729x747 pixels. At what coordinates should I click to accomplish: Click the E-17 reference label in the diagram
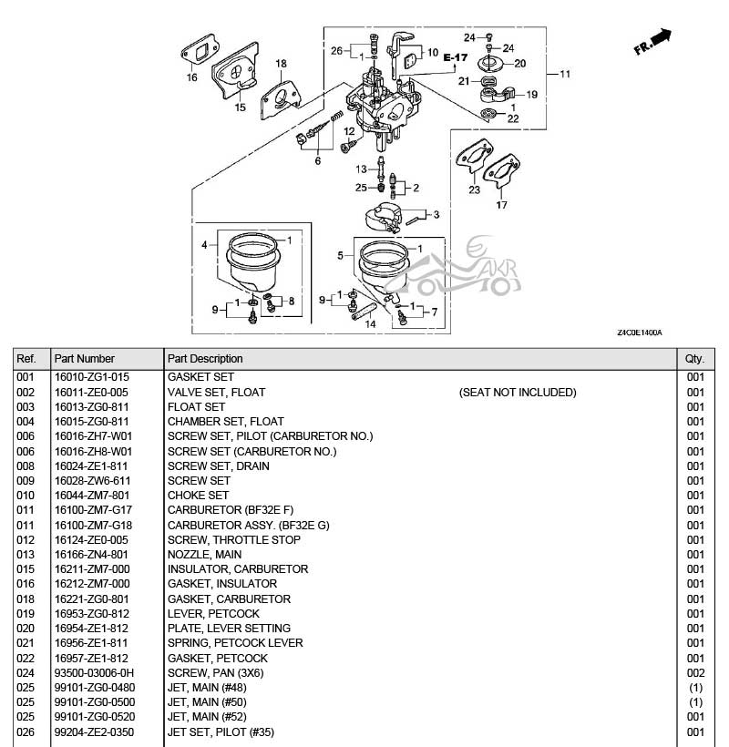tap(455, 58)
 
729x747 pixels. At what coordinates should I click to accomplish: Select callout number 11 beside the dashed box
tap(564, 74)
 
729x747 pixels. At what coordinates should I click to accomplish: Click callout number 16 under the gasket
tap(192, 78)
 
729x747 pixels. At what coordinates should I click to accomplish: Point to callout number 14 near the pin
tap(371, 323)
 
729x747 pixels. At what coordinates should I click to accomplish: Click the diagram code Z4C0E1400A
tap(640, 333)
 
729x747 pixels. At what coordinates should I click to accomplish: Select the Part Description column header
tap(205, 359)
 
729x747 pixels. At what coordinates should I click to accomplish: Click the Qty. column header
tap(694, 359)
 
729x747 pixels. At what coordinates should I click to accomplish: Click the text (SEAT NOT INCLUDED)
tap(518, 393)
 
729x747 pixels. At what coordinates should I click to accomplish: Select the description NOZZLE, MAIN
tap(204, 554)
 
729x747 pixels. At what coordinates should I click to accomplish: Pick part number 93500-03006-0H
tap(95, 672)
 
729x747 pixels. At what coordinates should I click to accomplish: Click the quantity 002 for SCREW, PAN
tap(695, 672)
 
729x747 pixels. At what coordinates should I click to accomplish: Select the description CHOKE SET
tap(198, 496)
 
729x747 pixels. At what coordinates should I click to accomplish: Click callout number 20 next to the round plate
tap(520, 64)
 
